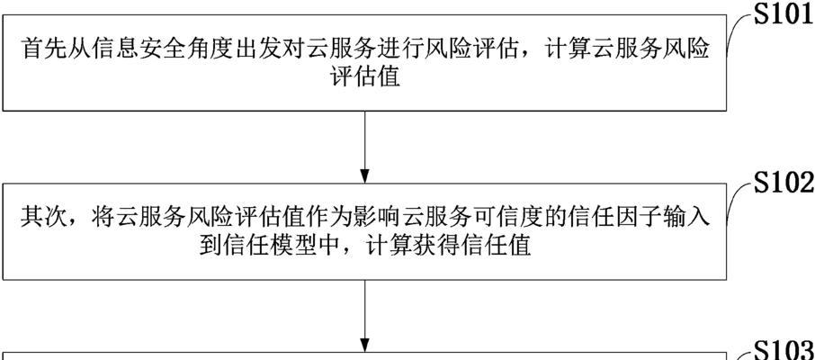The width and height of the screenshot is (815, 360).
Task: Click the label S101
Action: coord(784,15)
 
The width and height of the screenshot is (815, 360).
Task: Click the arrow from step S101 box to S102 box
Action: coord(365,148)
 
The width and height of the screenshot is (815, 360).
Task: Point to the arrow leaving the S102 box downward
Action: coord(365,316)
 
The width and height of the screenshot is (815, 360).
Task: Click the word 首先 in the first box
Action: coord(38,50)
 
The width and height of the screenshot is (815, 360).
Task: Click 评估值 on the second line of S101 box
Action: coord(365,77)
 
